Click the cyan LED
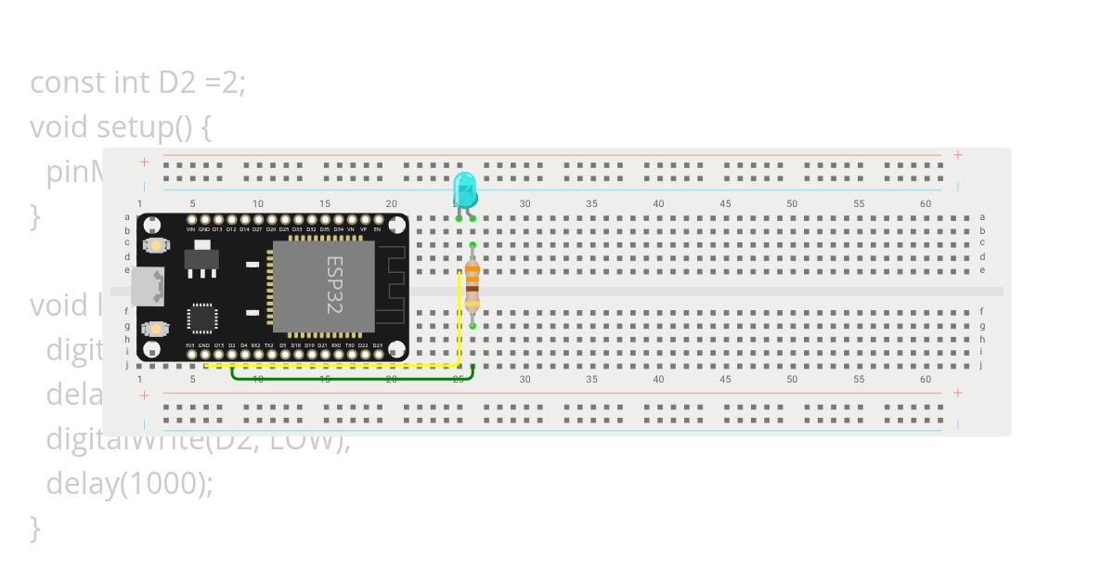(465, 189)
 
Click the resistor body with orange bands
(473, 284)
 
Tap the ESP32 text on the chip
(334, 285)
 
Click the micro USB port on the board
(146, 286)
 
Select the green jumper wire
(353, 378)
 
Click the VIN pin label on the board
(190, 228)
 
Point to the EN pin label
(377, 228)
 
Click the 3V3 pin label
(190, 345)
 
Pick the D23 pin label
(377, 345)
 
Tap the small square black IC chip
(201, 318)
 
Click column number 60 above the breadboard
(926, 203)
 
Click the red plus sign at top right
(958, 155)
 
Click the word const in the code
(68, 83)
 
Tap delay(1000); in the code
(130, 483)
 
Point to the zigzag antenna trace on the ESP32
(395, 279)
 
